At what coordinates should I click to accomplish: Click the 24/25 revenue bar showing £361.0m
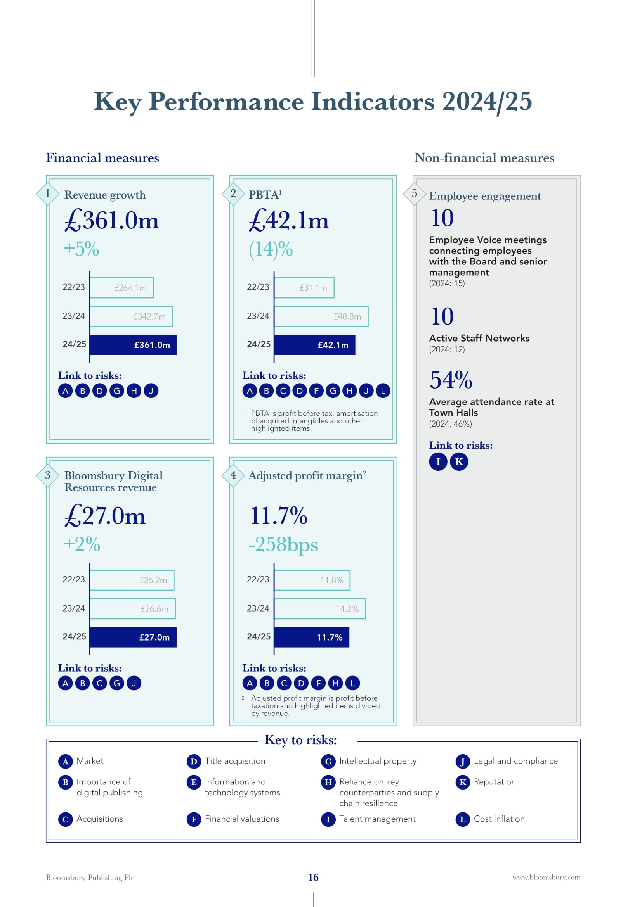(x=133, y=345)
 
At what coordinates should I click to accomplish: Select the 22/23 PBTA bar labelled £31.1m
(x=304, y=288)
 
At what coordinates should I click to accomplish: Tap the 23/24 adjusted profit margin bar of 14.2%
(x=320, y=609)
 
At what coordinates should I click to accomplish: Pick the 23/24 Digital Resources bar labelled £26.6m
(x=132, y=609)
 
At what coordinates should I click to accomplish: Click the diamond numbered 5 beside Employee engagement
(x=414, y=193)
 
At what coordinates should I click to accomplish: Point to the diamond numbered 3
(x=48, y=475)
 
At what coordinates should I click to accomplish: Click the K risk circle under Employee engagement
(x=459, y=461)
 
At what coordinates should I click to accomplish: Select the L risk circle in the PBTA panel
(x=383, y=391)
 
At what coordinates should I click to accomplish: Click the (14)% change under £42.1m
(x=271, y=249)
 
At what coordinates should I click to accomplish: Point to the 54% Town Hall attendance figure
(x=451, y=380)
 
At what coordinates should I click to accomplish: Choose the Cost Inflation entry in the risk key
(x=499, y=819)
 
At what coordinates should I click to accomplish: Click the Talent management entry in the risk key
(x=377, y=819)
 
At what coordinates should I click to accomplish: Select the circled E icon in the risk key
(x=194, y=782)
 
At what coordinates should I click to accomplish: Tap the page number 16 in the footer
(x=314, y=878)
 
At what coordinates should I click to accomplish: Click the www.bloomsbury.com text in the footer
(x=547, y=878)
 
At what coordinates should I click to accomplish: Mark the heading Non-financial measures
(x=484, y=158)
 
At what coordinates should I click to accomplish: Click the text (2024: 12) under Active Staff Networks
(x=447, y=349)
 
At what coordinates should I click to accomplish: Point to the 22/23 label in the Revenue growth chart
(x=73, y=287)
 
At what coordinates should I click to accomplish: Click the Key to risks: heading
(x=300, y=740)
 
